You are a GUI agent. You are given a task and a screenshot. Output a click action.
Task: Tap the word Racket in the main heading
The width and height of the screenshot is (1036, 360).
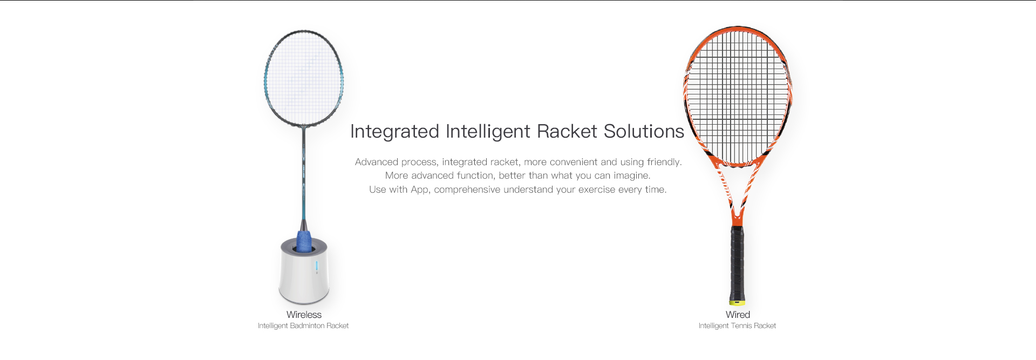pyautogui.click(x=567, y=131)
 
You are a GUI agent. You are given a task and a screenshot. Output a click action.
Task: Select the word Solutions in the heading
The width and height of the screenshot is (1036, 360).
pyautogui.click(x=644, y=131)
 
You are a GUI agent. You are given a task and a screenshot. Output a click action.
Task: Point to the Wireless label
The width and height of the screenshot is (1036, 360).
pyautogui.click(x=304, y=315)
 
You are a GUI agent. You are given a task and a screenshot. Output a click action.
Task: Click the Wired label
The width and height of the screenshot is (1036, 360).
pyautogui.click(x=738, y=315)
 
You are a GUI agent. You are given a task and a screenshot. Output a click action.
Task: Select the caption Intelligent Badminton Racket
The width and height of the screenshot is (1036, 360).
pyautogui.click(x=303, y=325)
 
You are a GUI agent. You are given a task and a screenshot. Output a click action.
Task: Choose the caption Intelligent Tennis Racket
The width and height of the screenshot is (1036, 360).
pyautogui.click(x=737, y=325)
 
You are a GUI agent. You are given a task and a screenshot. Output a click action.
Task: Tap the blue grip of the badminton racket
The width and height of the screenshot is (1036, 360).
pyautogui.click(x=304, y=241)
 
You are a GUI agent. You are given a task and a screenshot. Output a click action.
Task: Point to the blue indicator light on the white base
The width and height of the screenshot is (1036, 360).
pyautogui.click(x=317, y=266)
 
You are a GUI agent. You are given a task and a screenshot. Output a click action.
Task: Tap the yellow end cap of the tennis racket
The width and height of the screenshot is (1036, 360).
pyautogui.click(x=737, y=302)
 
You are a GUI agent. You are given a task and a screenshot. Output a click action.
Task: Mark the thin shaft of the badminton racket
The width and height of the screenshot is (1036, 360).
pyautogui.click(x=304, y=173)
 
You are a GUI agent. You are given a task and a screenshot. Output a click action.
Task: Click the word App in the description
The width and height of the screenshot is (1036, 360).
pyautogui.click(x=420, y=190)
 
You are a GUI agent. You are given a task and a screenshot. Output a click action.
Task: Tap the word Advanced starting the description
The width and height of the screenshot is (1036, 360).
pyautogui.click(x=377, y=162)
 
